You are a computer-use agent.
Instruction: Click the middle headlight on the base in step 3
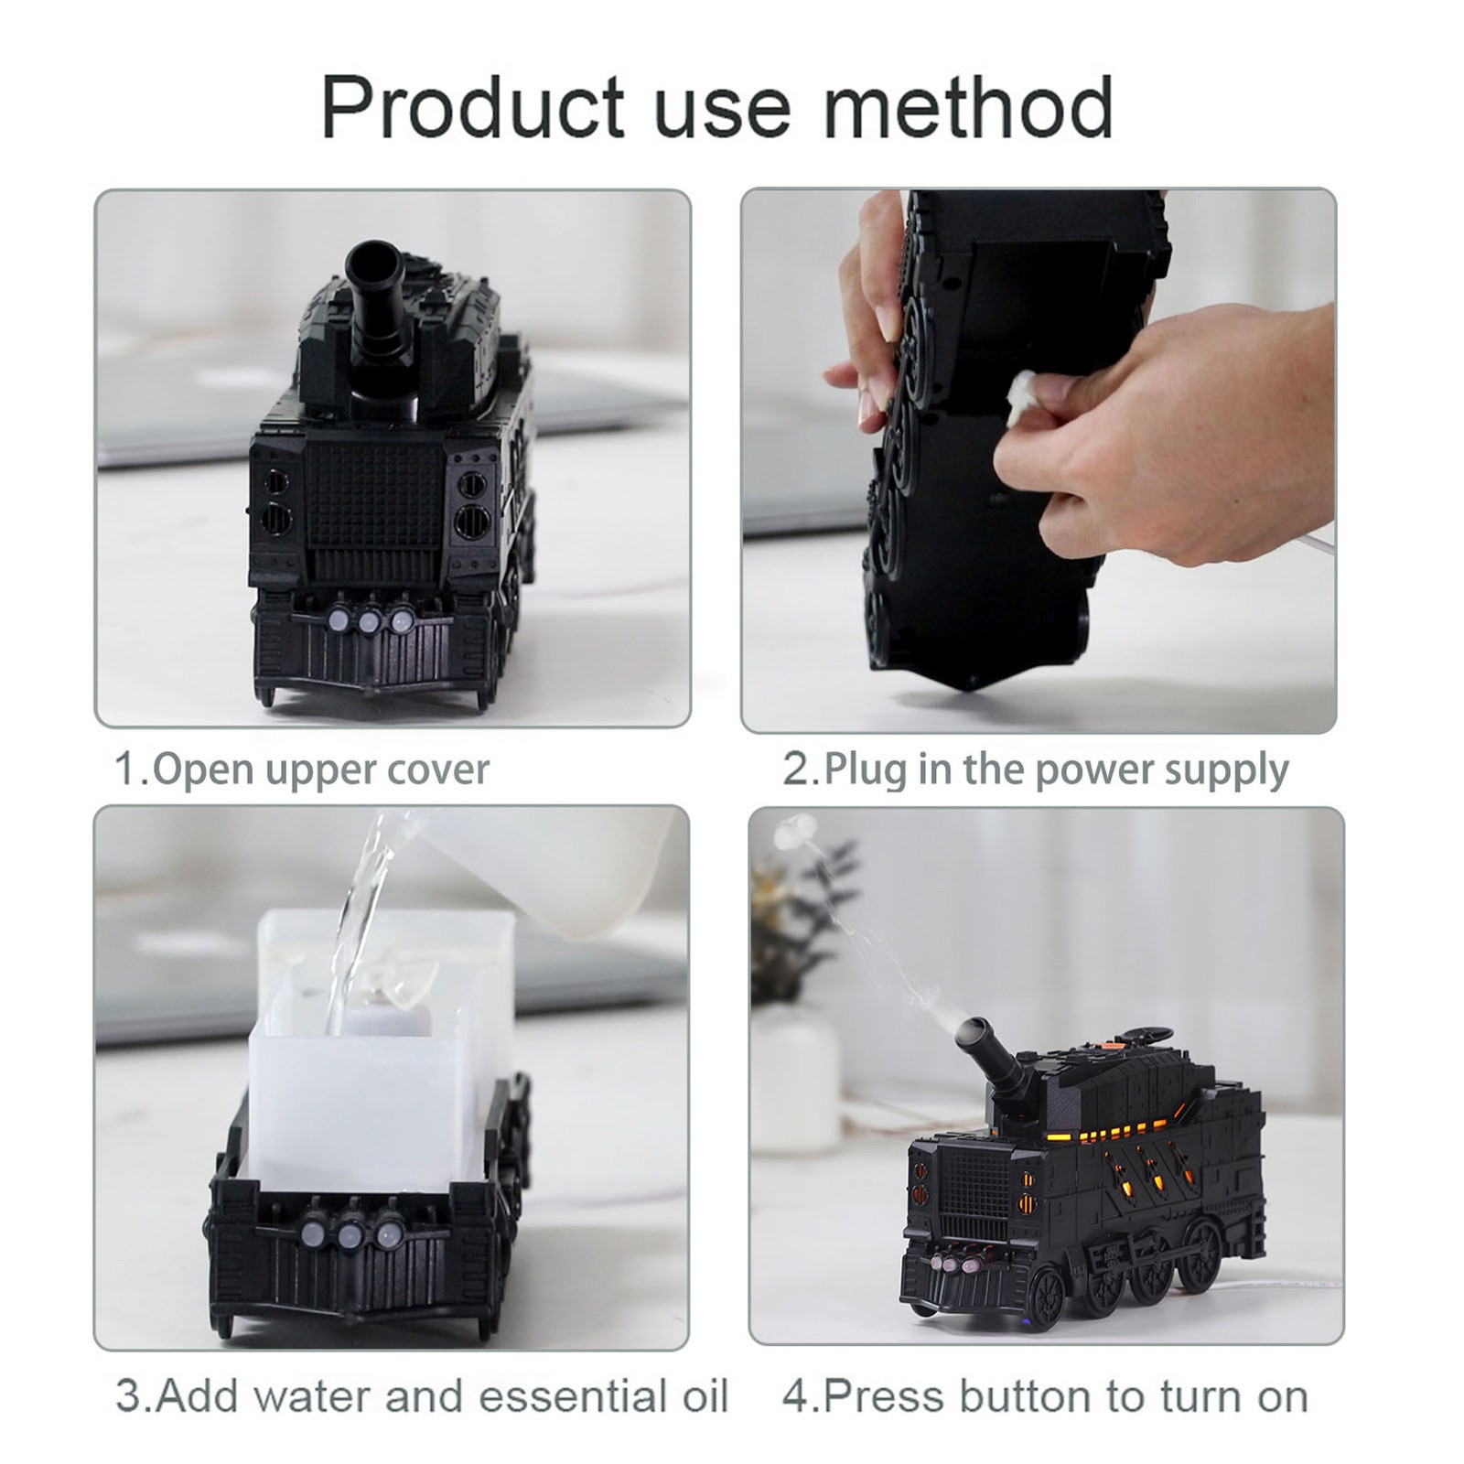349,1237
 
